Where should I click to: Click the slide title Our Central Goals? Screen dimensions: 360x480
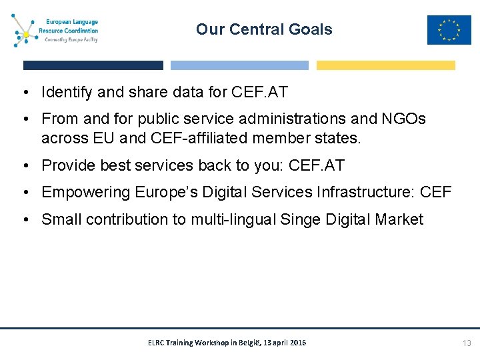point(264,29)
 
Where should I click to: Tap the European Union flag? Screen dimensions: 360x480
point(449,30)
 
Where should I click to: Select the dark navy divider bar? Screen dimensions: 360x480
point(93,65)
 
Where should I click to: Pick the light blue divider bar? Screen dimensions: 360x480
point(239,65)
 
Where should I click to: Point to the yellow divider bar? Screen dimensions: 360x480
point(385,65)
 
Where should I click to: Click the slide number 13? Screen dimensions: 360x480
point(467,343)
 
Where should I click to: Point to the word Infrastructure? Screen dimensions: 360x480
point(361,193)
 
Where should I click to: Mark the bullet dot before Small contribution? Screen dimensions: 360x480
point(27,220)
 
